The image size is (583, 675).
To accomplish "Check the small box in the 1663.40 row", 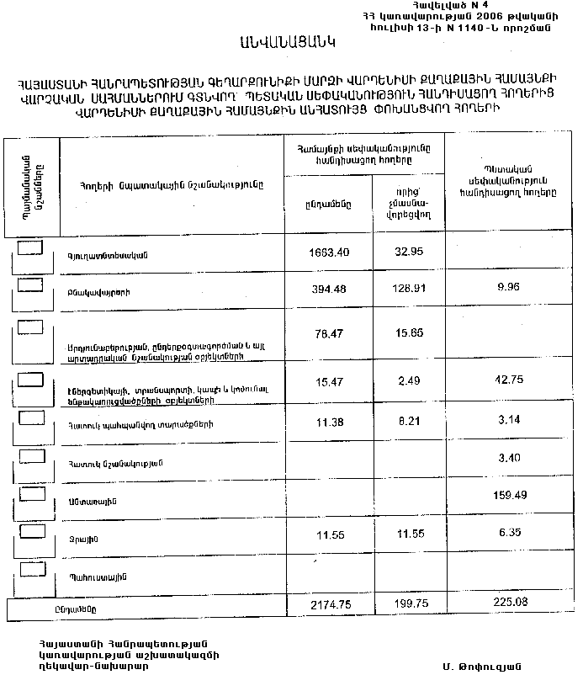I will click(30, 247).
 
